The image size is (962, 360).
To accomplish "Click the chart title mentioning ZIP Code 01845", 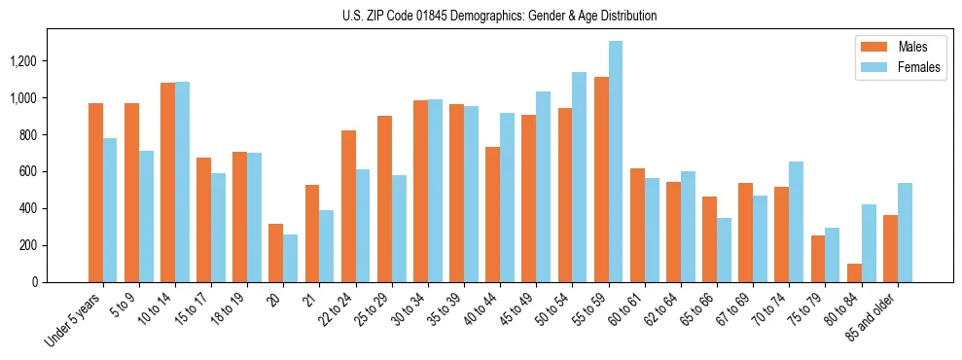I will point(499,16).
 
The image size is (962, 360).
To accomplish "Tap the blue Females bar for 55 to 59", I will point(616,162).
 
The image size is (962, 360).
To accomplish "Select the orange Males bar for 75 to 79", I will point(818,259).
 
